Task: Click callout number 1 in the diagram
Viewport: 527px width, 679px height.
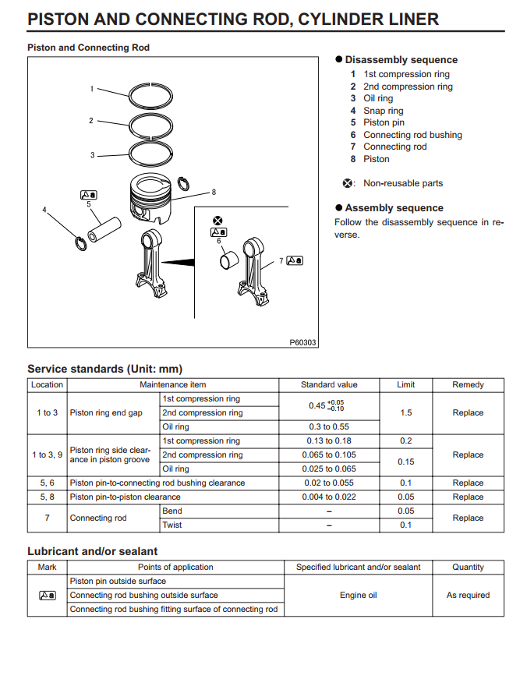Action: click(x=91, y=89)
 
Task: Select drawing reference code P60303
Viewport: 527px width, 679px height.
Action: click(x=303, y=342)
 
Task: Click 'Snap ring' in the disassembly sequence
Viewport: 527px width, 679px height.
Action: click(x=383, y=111)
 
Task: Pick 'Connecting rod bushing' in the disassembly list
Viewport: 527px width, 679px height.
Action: click(x=412, y=135)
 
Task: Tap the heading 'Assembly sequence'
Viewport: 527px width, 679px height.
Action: click(x=394, y=208)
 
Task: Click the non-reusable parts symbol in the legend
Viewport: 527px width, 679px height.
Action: click(x=348, y=184)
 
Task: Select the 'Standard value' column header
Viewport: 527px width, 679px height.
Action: click(x=329, y=384)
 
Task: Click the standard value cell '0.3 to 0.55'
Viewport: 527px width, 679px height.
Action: click(x=329, y=426)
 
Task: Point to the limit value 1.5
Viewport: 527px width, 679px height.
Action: click(x=406, y=412)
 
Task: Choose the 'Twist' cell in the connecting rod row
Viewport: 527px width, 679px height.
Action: click(x=172, y=525)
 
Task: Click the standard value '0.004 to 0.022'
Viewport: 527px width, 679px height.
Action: click(x=329, y=497)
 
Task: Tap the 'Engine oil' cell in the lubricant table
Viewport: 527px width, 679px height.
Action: click(x=358, y=595)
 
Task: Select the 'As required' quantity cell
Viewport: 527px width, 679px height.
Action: click(x=468, y=595)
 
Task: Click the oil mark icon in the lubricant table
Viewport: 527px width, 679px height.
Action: click(x=47, y=595)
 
